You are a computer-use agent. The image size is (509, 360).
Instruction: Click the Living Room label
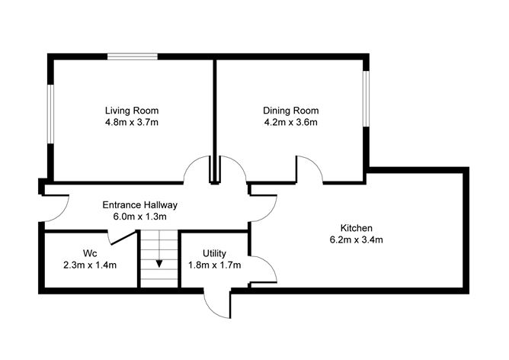tap(132, 110)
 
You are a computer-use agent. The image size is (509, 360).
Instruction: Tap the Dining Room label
tap(290, 110)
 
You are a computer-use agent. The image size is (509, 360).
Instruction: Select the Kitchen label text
tap(356, 227)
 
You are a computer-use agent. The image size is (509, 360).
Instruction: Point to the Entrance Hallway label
tap(140, 204)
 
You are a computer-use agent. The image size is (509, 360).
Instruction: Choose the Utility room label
tap(214, 253)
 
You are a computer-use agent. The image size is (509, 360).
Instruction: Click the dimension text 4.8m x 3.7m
tap(132, 122)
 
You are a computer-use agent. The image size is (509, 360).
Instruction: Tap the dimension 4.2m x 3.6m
tap(290, 122)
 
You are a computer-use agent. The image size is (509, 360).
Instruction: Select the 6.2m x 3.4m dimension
tap(356, 239)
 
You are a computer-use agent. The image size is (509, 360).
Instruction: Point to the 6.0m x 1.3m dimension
tap(140, 217)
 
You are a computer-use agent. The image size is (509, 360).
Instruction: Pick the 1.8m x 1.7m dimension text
tap(214, 265)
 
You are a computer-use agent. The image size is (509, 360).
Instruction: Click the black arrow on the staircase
tap(159, 264)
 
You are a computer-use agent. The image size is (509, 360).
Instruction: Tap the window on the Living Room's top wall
tap(132, 56)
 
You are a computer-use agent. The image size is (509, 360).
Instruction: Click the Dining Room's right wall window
tap(366, 98)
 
